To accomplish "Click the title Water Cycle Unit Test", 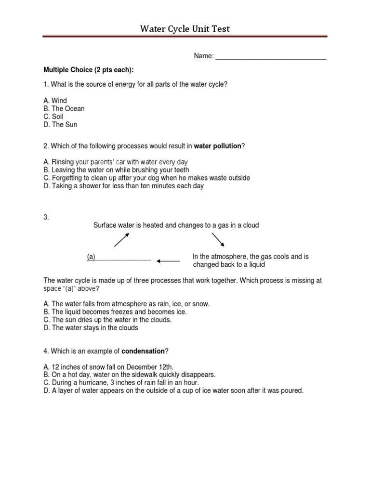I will click(x=185, y=29).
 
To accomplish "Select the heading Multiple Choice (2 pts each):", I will click(x=88, y=70).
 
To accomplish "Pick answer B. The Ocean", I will click(x=64, y=109).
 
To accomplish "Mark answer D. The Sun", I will click(x=60, y=125).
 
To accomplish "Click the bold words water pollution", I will click(x=217, y=146).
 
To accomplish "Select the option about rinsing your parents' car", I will click(x=116, y=162).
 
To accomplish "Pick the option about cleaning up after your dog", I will click(x=146, y=178).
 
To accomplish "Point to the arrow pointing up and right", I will click(x=121, y=239).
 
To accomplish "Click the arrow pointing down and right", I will click(x=218, y=239).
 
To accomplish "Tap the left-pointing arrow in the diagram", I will click(x=168, y=261).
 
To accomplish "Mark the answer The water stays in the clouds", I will click(x=91, y=328).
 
